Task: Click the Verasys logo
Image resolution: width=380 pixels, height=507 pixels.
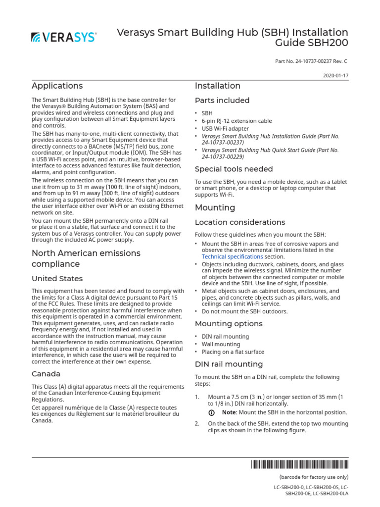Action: pyautogui.click(x=64, y=37)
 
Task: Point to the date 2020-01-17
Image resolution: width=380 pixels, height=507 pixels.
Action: pyautogui.click(x=336, y=76)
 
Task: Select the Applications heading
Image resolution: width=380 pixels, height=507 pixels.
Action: pyautogui.click(x=57, y=86)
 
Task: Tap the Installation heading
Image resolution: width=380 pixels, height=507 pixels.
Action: pyautogui.click(x=218, y=86)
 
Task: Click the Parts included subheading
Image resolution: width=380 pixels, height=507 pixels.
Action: pyautogui.click(x=222, y=101)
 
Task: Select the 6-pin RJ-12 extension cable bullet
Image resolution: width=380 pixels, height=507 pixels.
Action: pyautogui.click(x=237, y=121)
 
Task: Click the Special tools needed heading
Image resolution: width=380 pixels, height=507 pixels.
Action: pyautogui.click(x=234, y=169)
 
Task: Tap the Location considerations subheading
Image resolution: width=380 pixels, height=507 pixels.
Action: pyautogui.click(x=240, y=222)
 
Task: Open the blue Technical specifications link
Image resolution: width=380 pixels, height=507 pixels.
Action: pyautogui.click(x=232, y=257)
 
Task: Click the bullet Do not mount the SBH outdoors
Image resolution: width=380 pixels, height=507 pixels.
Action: pyautogui.click(x=244, y=311)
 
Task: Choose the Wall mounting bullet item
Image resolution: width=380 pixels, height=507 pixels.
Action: pyautogui.click(x=221, y=344)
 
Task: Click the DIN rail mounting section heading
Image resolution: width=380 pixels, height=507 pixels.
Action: pyautogui.click(x=229, y=364)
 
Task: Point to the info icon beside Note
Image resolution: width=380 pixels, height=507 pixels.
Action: pyautogui.click(x=211, y=412)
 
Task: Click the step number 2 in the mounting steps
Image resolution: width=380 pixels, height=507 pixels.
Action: pyautogui.click(x=197, y=424)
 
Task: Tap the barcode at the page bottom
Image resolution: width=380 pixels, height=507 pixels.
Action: pyautogui.click(x=299, y=464)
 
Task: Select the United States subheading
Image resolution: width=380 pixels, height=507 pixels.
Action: pyautogui.click(x=57, y=279)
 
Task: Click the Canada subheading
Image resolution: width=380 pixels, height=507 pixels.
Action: pyautogui.click(x=46, y=374)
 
